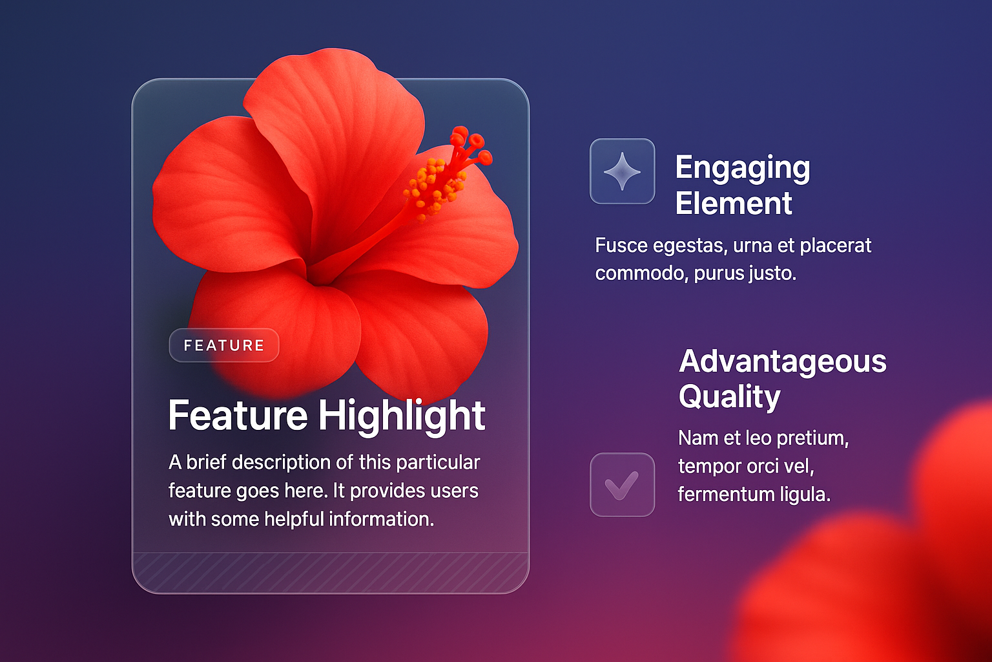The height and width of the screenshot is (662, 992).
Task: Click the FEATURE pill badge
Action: point(224,345)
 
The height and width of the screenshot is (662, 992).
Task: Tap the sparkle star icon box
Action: point(622,171)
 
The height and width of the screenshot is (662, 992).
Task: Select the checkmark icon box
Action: point(622,485)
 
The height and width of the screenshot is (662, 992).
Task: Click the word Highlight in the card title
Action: point(402,416)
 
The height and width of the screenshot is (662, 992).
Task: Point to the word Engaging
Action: point(743,169)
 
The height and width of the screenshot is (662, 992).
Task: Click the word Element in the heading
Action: point(734,204)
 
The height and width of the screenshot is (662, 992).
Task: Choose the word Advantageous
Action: point(783,362)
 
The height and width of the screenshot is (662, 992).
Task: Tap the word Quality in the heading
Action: point(729,397)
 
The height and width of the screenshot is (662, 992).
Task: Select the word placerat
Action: point(836,246)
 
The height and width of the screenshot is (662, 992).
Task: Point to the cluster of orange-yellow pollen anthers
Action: point(433,187)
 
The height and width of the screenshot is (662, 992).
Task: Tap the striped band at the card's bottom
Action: point(331,572)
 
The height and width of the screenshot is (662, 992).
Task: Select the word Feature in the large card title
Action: point(238,416)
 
